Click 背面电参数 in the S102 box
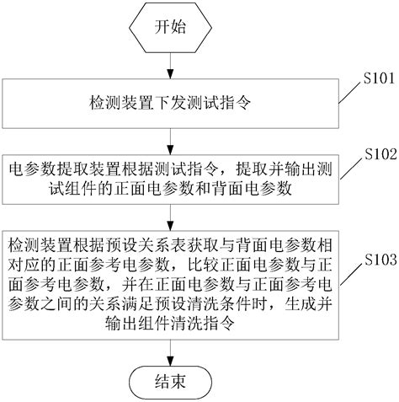[x=257, y=190]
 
